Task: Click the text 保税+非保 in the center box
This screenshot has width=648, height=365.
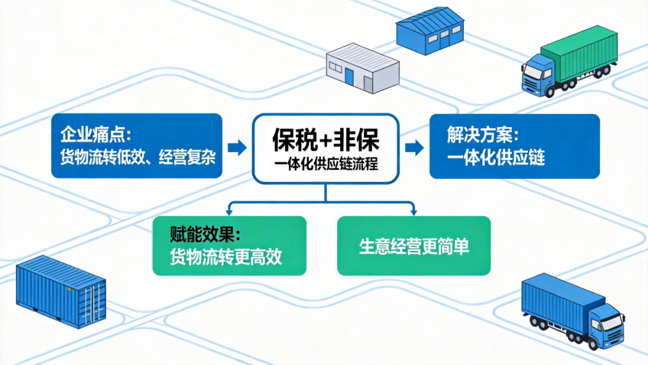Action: (x=325, y=140)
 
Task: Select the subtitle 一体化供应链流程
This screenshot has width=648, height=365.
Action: (x=325, y=163)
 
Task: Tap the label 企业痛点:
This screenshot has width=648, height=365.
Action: (x=95, y=134)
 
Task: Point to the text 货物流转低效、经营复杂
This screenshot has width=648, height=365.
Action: (x=137, y=157)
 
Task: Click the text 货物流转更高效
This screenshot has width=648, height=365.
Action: (x=226, y=257)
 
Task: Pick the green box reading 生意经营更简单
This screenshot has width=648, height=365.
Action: (x=414, y=246)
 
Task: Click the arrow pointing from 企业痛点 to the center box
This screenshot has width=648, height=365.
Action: (x=238, y=147)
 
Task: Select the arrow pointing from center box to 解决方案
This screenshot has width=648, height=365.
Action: (x=413, y=147)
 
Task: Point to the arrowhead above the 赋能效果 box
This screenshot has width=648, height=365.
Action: (x=229, y=211)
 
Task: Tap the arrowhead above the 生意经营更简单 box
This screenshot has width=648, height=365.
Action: (x=413, y=211)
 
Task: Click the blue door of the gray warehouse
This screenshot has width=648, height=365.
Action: (x=349, y=76)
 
